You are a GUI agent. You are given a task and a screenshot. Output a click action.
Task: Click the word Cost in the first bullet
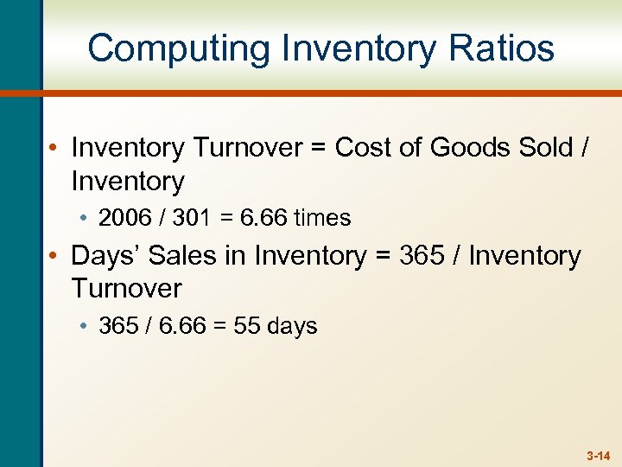coord(361,148)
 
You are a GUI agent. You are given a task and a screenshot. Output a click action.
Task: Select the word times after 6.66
coord(322,218)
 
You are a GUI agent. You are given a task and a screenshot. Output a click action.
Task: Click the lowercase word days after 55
coord(292,327)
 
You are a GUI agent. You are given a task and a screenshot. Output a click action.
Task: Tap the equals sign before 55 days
coord(219,327)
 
